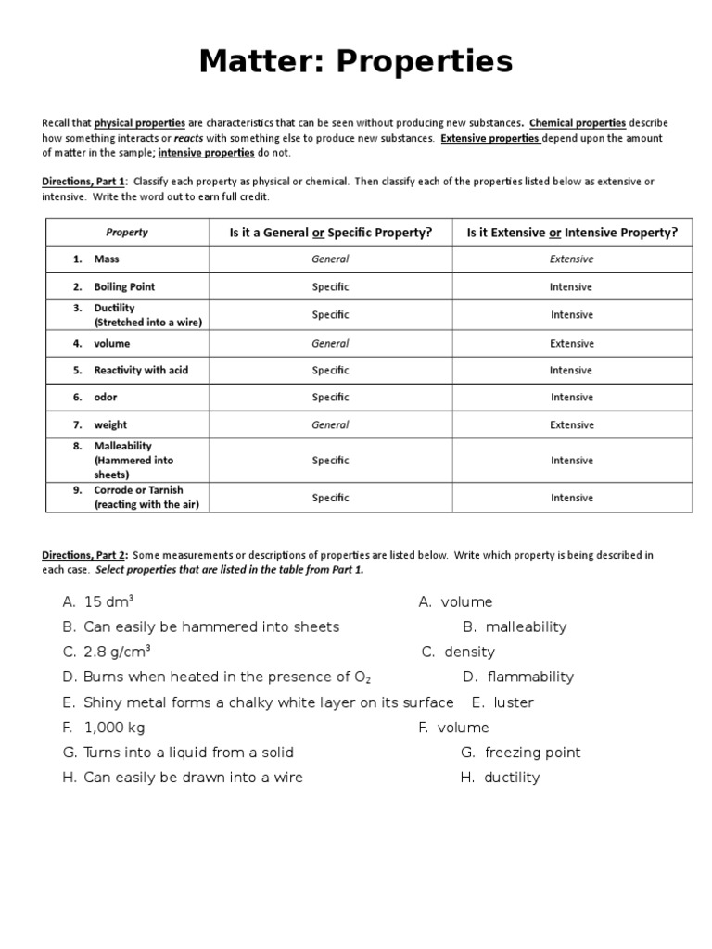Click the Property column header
click(127, 233)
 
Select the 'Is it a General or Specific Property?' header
click(331, 233)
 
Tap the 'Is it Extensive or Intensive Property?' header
click(571, 233)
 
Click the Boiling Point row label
click(123, 287)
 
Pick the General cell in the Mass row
click(330, 259)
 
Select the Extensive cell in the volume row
click(571, 343)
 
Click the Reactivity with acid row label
click(141, 370)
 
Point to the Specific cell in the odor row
click(330, 398)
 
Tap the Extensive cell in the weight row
click(571, 425)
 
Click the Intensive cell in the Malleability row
click(571, 461)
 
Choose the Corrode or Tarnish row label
click(138, 490)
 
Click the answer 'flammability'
click(530, 677)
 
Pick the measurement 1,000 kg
click(114, 728)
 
